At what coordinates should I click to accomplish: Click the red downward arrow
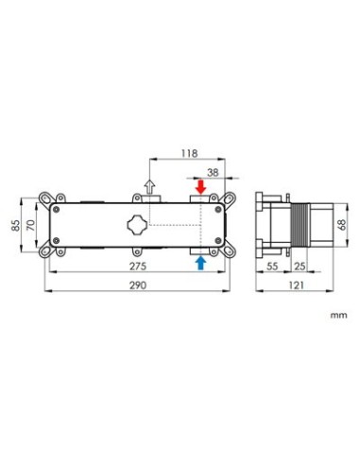pyautogui.click(x=200, y=187)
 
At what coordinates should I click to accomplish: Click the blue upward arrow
pyautogui.click(x=200, y=264)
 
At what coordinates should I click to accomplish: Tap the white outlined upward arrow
pyautogui.click(x=149, y=187)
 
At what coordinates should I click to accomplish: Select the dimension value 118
pyautogui.click(x=189, y=153)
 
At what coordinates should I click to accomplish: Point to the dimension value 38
pyautogui.click(x=213, y=172)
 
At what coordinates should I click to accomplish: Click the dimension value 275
pyautogui.click(x=138, y=267)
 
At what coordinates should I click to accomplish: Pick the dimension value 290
pyautogui.click(x=138, y=285)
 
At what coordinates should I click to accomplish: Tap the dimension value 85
pyautogui.click(x=16, y=225)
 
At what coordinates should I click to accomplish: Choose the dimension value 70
pyautogui.click(x=31, y=225)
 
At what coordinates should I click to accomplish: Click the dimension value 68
pyautogui.click(x=342, y=224)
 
